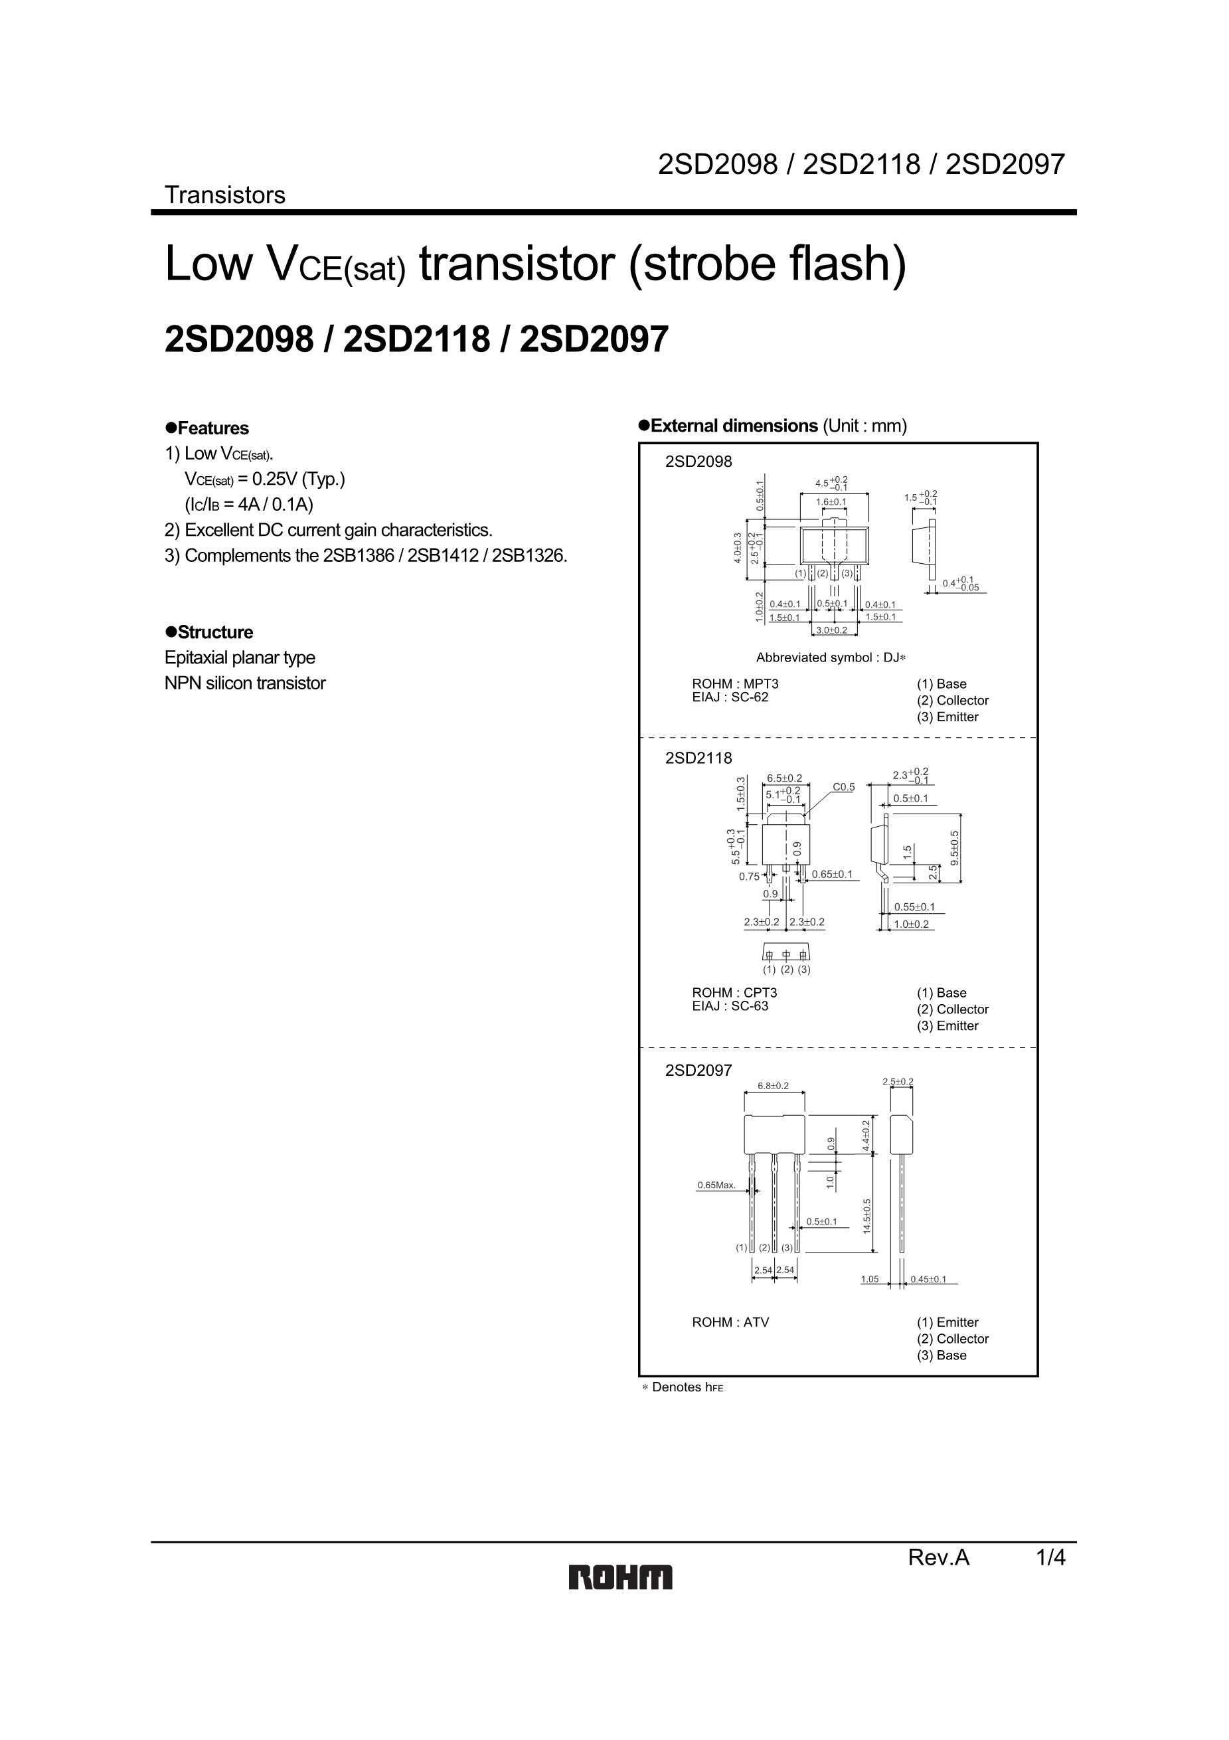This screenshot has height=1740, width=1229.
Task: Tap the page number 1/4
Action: coord(1051,1558)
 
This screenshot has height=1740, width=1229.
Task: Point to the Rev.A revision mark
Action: coord(939,1558)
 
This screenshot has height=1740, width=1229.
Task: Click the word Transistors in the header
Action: coord(225,195)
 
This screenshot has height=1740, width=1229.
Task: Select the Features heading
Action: coord(207,428)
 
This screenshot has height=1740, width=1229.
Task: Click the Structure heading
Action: coord(209,632)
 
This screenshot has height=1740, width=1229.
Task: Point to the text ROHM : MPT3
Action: coord(735,683)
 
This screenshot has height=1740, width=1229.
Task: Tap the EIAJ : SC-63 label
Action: coord(730,1006)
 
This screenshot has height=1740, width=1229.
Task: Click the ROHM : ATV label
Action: coord(730,1322)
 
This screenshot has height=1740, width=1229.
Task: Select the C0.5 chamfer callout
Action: coord(843,788)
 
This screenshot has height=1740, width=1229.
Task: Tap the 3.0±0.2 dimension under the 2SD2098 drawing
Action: coord(831,630)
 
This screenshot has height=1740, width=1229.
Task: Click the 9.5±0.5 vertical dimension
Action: coord(955,849)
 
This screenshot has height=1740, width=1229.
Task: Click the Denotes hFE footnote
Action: coord(683,1387)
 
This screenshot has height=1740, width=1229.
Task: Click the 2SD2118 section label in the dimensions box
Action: coord(698,758)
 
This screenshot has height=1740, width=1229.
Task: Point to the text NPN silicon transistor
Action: coord(245,683)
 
